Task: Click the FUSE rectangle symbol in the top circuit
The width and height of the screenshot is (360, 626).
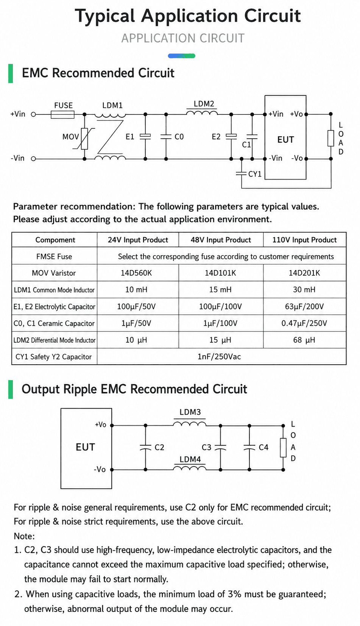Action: [x=62, y=114]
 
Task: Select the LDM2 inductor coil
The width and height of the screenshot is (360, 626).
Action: [x=202, y=112]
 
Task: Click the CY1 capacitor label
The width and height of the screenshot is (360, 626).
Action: [x=255, y=174]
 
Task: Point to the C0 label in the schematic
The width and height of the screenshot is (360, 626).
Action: [x=179, y=137]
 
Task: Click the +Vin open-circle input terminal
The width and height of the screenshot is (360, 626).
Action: [x=33, y=114]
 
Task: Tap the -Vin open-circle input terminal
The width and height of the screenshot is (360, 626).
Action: [x=33, y=159]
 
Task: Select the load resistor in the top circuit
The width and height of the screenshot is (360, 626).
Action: [x=331, y=138]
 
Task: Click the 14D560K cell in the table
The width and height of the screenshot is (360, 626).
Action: [x=136, y=273]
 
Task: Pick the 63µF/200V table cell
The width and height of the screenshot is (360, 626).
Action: [x=304, y=307]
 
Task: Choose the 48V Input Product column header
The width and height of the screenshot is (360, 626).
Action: [x=221, y=240]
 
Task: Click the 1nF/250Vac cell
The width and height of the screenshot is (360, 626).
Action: [x=219, y=357]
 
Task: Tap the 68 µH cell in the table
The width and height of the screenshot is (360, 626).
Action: [x=304, y=340]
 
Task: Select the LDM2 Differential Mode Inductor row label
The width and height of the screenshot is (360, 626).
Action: [x=55, y=340]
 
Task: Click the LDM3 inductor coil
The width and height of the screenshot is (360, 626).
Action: [x=190, y=424]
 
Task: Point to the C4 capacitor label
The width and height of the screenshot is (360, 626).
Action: [x=263, y=447]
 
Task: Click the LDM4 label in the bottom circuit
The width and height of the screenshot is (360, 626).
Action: [x=190, y=459]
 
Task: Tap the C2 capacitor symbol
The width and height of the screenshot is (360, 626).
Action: [x=145, y=447]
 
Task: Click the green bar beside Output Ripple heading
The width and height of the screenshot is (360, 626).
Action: [x=11, y=389]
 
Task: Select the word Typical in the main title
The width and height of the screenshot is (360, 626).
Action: [x=105, y=16]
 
